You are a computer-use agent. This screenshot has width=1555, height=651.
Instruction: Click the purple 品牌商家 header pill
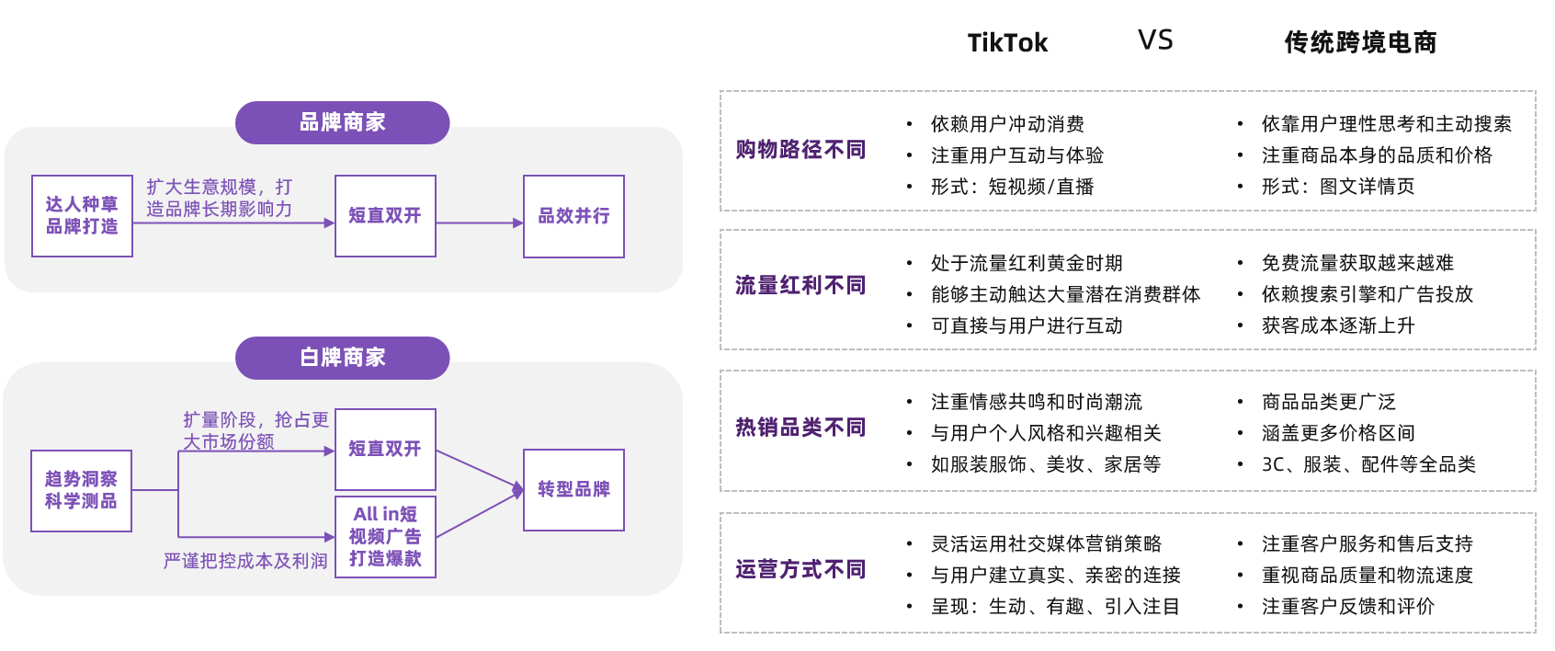pos(342,122)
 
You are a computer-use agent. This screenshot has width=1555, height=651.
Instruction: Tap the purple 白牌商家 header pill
pos(342,358)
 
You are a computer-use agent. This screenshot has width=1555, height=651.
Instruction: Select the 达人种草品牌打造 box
pos(82,216)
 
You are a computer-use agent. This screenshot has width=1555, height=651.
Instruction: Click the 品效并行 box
pos(573,216)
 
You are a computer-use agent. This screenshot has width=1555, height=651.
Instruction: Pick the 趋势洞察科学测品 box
pos(81,490)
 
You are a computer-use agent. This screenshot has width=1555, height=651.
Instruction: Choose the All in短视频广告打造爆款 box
pos(385,537)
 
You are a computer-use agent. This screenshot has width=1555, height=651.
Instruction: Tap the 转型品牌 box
pos(573,490)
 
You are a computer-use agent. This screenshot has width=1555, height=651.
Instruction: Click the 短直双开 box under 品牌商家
pos(385,216)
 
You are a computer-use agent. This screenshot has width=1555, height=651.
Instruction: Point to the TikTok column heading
pos(1007,42)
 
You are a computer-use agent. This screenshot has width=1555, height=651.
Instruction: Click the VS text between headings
pos(1155,40)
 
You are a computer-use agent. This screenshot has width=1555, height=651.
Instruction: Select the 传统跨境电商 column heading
pos(1360,42)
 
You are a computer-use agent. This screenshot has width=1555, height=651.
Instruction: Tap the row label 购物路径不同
pos(800,150)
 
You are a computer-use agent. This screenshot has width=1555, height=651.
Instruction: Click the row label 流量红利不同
pos(800,286)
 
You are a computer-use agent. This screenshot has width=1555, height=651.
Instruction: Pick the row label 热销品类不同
pos(800,428)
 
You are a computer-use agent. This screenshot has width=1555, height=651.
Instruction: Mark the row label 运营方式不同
pos(800,570)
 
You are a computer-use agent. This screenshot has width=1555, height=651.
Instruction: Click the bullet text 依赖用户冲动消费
pos(1007,124)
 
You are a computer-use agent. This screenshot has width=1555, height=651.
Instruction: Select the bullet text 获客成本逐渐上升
pos(1338,325)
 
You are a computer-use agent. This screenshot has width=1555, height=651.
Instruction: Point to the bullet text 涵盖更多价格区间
pos(1338,433)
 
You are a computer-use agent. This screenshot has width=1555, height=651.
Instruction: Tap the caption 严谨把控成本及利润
pos(245,561)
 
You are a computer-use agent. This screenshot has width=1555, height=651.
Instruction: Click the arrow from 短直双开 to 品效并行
pos(479,223)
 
